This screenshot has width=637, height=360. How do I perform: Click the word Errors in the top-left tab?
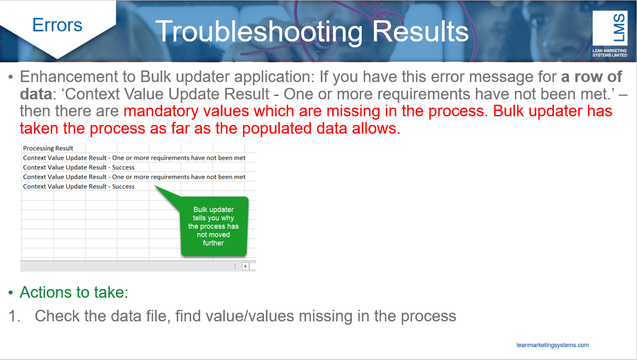click(57, 25)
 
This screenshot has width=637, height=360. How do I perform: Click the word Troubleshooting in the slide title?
click(259, 32)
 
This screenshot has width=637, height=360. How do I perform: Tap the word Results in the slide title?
click(420, 31)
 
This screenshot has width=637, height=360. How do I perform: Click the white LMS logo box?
click(609, 28)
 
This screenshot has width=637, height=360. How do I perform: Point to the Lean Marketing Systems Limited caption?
click(609, 53)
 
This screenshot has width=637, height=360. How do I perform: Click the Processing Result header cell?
click(48, 148)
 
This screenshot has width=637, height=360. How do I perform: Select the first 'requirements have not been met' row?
click(134, 158)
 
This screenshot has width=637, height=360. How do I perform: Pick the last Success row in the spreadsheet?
click(79, 186)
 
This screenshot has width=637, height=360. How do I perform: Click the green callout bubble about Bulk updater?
click(214, 226)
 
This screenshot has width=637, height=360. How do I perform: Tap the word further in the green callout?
click(213, 243)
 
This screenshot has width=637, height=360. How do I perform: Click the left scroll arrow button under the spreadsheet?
click(245, 266)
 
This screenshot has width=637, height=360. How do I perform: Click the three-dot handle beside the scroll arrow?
click(235, 266)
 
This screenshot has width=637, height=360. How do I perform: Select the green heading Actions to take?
click(74, 292)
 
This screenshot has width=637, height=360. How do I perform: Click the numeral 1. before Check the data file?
click(14, 316)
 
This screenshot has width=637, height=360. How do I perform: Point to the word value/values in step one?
click(235, 316)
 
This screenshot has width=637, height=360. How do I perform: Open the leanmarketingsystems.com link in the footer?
click(552, 345)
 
